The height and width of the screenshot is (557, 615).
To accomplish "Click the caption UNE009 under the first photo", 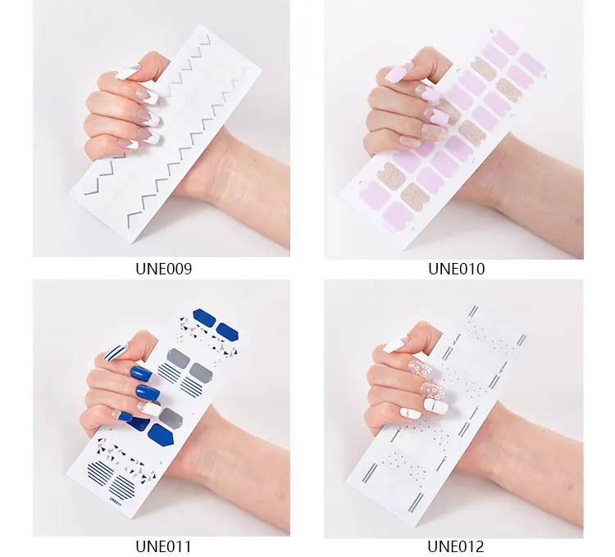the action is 163,269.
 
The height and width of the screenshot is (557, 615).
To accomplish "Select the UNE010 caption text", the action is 456,269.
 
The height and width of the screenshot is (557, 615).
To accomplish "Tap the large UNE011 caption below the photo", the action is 163,546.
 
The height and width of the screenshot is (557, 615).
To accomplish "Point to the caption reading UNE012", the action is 456,546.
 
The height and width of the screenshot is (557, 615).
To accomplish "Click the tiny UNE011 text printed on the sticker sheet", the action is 116,501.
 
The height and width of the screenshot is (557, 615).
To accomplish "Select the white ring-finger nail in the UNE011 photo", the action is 149,410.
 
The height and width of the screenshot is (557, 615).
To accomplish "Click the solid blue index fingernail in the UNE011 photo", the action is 140,374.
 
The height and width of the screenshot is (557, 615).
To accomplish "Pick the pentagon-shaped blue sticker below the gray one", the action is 162,434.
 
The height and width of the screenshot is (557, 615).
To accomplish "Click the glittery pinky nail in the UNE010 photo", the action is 410,141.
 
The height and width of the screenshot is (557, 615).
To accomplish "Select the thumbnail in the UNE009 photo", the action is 127,72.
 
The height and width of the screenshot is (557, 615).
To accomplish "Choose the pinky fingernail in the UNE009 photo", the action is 127,143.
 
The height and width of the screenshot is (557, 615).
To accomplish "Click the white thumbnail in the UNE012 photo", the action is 394,345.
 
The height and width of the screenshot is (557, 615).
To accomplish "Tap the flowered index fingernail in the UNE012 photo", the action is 419,369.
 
